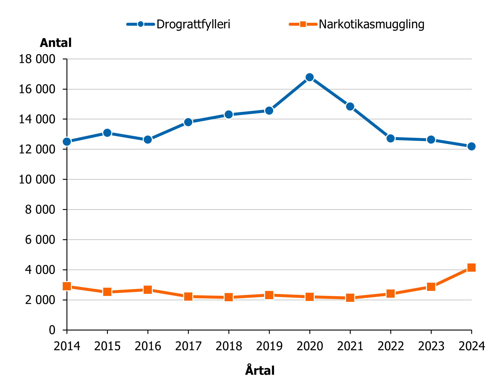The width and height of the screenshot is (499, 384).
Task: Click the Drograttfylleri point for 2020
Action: point(309,77)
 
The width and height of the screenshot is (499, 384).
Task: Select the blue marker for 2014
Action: point(67,142)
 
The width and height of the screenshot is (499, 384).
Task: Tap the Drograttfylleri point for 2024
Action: point(471,146)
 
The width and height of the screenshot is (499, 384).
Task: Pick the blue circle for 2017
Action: point(188,122)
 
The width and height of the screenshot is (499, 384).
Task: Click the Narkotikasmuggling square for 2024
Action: point(471,268)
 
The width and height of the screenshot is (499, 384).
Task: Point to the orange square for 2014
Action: point(67,286)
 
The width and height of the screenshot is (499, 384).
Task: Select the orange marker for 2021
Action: point(350,298)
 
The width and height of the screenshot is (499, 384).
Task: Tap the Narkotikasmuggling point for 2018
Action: point(229,297)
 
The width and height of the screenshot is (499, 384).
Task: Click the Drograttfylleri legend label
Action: point(193,24)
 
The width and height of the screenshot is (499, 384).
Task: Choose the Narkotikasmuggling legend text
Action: point(371,24)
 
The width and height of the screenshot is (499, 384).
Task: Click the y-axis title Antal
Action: point(56,43)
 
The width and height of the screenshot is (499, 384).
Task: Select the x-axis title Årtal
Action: point(260,370)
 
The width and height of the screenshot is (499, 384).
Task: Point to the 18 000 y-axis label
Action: point(37,59)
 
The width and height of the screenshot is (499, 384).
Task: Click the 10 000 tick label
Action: point(37,179)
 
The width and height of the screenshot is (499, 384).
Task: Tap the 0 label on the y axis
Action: point(52,330)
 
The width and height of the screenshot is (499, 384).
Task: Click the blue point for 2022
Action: point(391,138)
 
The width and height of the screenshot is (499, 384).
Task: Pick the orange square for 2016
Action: point(148,290)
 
